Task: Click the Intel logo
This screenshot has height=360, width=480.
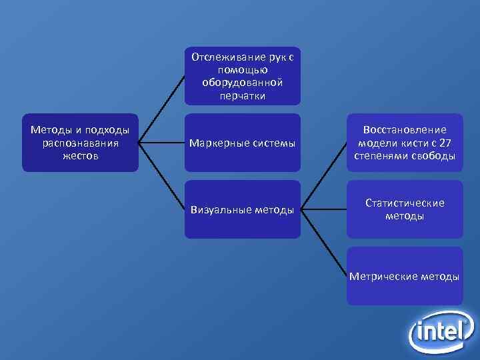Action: tap(441, 331)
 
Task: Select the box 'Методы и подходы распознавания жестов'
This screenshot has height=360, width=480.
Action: tap(80, 143)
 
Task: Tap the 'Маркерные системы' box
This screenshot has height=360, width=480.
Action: tap(243, 143)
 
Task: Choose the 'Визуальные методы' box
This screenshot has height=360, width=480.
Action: tap(243, 209)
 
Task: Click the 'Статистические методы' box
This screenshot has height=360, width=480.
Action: tap(405, 209)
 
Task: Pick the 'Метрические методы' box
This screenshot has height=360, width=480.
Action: tap(405, 276)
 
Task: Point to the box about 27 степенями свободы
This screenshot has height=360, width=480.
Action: tap(405, 143)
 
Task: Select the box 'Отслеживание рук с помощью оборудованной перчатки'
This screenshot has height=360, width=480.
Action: tap(243, 76)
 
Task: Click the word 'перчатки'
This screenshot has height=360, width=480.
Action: tap(243, 95)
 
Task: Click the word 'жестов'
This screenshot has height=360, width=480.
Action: tap(80, 156)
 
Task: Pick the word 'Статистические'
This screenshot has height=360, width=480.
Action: tap(405, 203)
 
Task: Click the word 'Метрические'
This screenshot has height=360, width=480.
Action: tap(382, 276)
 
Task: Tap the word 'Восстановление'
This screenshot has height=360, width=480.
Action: tap(405, 130)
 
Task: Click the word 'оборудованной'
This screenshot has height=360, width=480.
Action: tap(243, 83)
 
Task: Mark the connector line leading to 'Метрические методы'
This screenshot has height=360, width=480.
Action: tap(325, 243)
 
